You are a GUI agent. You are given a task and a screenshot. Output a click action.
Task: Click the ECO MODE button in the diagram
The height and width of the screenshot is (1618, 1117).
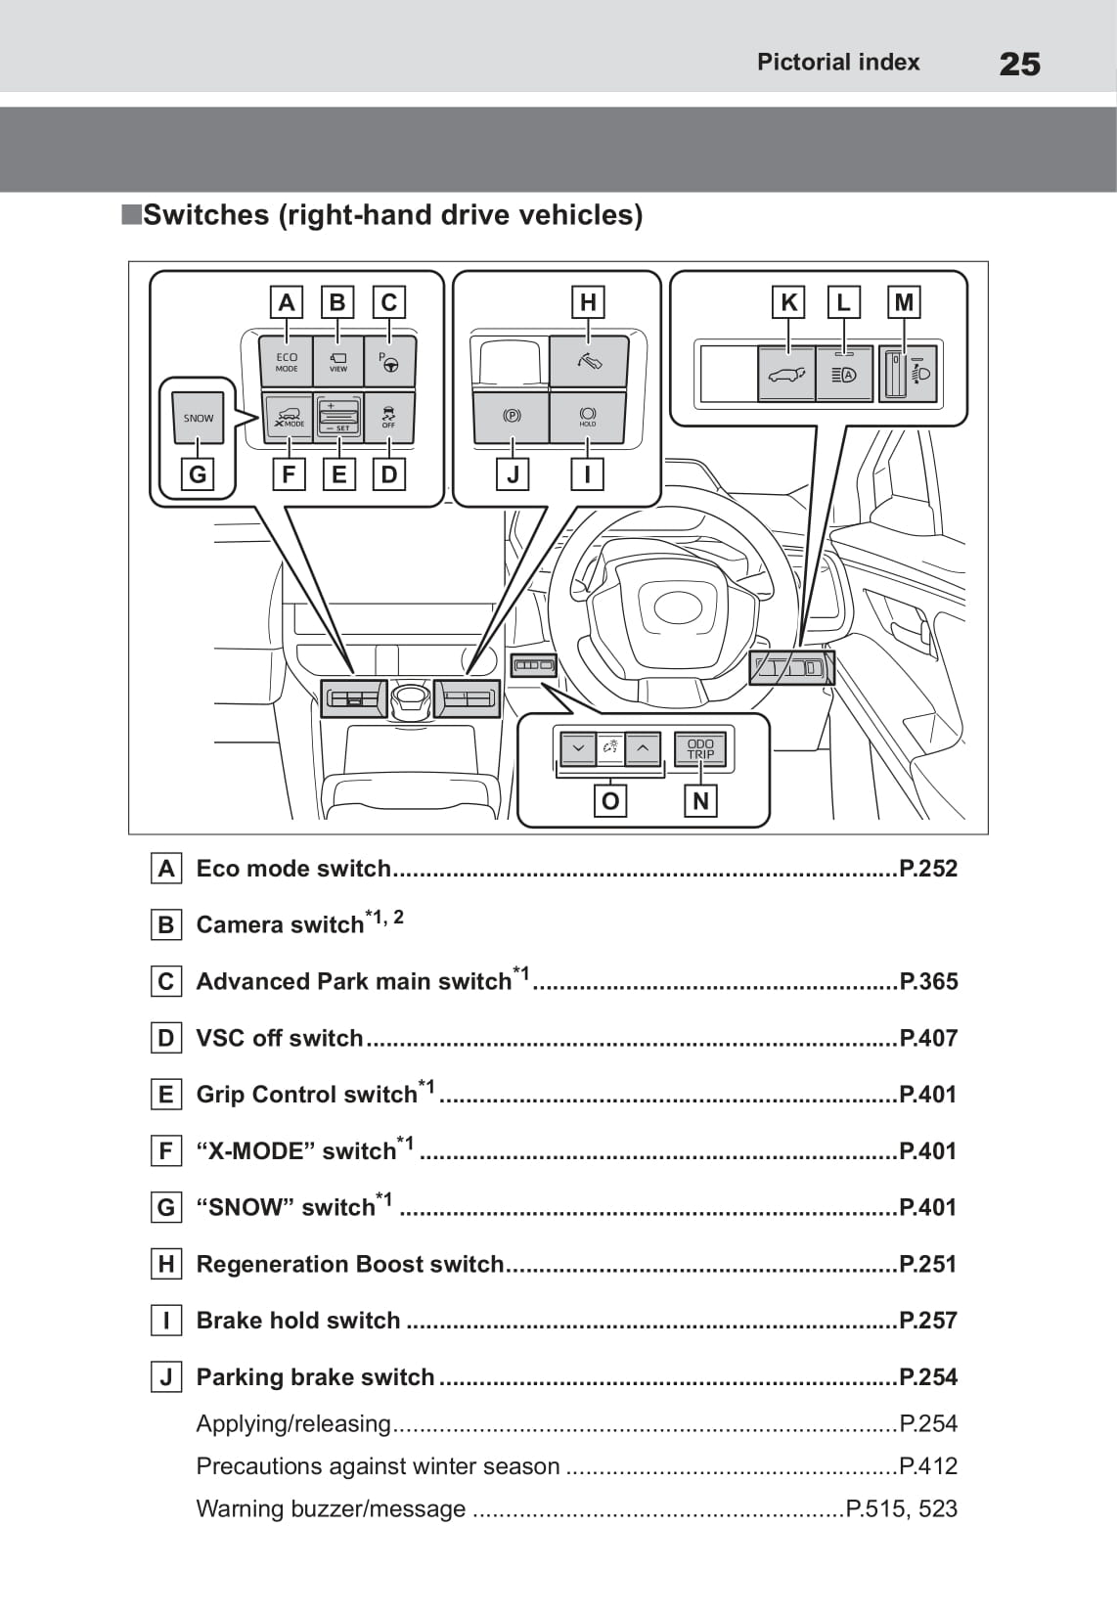(x=287, y=362)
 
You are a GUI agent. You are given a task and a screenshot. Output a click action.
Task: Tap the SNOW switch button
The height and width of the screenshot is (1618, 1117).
(x=199, y=419)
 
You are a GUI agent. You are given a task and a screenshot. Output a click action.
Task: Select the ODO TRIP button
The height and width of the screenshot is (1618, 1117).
(x=700, y=749)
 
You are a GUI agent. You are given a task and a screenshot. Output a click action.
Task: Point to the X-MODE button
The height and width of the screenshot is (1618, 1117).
(x=289, y=418)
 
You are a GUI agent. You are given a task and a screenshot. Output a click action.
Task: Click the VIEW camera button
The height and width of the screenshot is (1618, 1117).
(x=338, y=362)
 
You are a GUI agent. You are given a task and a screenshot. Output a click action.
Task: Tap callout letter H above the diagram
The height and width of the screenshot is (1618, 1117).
(x=587, y=302)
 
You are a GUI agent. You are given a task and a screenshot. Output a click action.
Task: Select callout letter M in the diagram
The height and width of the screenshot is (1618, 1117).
(x=904, y=302)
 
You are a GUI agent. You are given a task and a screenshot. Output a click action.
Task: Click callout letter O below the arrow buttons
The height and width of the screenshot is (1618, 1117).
(x=610, y=801)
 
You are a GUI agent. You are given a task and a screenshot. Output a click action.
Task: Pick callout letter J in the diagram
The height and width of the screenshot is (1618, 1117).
(x=513, y=475)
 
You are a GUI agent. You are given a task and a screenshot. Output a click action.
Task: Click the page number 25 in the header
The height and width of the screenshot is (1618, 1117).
(x=1019, y=65)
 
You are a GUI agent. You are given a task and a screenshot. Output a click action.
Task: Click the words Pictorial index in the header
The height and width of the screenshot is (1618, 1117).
(x=838, y=63)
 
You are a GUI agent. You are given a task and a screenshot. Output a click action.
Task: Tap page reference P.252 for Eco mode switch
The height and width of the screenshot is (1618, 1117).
(x=928, y=869)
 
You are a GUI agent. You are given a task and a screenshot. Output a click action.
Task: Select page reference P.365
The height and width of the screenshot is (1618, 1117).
(x=928, y=981)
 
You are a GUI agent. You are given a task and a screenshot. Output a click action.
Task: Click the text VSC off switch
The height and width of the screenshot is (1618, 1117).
(x=280, y=1038)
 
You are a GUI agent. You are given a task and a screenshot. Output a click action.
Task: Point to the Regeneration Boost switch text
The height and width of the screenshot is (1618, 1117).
(x=350, y=1264)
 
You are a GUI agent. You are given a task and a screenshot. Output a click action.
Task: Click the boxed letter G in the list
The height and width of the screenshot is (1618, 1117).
(x=166, y=1208)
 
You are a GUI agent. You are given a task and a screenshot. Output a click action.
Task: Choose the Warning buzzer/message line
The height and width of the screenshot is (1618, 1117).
(x=331, y=1508)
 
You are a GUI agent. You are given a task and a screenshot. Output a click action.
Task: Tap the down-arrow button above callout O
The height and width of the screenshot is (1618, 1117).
(x=578, y=749)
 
